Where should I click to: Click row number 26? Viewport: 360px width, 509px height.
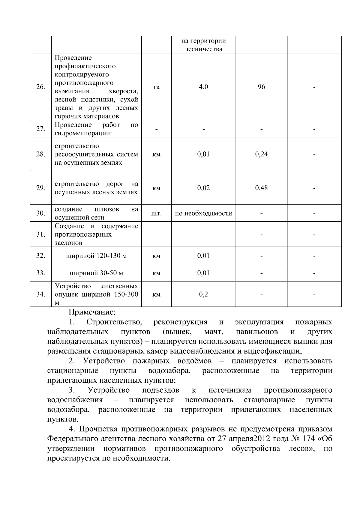pos(40,87)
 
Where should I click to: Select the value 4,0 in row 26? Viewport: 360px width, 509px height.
pos(203,87)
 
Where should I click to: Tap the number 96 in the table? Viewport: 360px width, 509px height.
pos(261,87)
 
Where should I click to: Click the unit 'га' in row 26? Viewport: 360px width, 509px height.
pos(156,87)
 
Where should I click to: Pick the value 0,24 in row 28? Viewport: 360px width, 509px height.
pos(261,154)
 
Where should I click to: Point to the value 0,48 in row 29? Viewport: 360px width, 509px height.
pos(261,188)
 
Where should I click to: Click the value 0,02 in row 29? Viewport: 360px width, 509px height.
pos(203,188)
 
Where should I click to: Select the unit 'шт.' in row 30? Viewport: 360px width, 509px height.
pos(156,214)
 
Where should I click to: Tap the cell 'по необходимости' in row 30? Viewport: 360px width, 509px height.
pos(203,213)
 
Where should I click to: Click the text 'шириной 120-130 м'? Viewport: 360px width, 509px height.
pos(96,256)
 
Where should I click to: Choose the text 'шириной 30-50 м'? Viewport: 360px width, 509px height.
pos(96,273)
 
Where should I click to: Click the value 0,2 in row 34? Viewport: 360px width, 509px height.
pos(203,294)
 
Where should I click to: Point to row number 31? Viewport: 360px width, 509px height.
pos(40,235)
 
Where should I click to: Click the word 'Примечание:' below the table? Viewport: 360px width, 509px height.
pos(92,312)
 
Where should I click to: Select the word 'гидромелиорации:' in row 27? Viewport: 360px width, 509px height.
pos(83,133)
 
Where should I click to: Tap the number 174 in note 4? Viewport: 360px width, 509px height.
pos(308,439)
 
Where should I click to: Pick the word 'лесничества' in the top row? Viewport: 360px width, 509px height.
pos(203,49)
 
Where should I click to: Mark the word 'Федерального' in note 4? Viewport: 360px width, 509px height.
pos(71,439)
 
